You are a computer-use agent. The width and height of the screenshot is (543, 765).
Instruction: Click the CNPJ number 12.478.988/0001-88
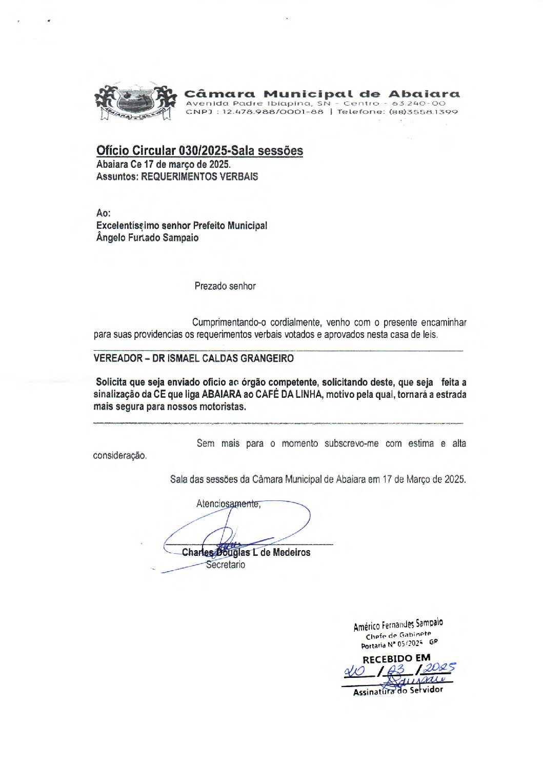point(272,112)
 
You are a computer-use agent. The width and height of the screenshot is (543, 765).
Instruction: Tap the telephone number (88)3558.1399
point(423,112)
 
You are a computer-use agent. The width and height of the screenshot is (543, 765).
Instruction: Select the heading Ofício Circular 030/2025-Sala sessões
point(199,151)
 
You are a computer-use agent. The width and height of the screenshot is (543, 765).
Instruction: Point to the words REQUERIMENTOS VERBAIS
point(199,177)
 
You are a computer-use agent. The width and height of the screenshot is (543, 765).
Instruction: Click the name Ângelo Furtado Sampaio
point(147,238)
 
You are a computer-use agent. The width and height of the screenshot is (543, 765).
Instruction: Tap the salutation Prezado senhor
point(225,286)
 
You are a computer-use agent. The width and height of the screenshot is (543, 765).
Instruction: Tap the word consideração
point(119,455)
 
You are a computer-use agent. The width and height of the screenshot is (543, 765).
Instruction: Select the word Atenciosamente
point(228,504)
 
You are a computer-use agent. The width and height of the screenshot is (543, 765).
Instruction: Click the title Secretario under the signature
point(226,565)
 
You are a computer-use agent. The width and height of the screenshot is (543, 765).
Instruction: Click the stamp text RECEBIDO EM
point(396,658)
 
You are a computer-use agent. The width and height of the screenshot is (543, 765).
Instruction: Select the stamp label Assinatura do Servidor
point(398,691)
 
